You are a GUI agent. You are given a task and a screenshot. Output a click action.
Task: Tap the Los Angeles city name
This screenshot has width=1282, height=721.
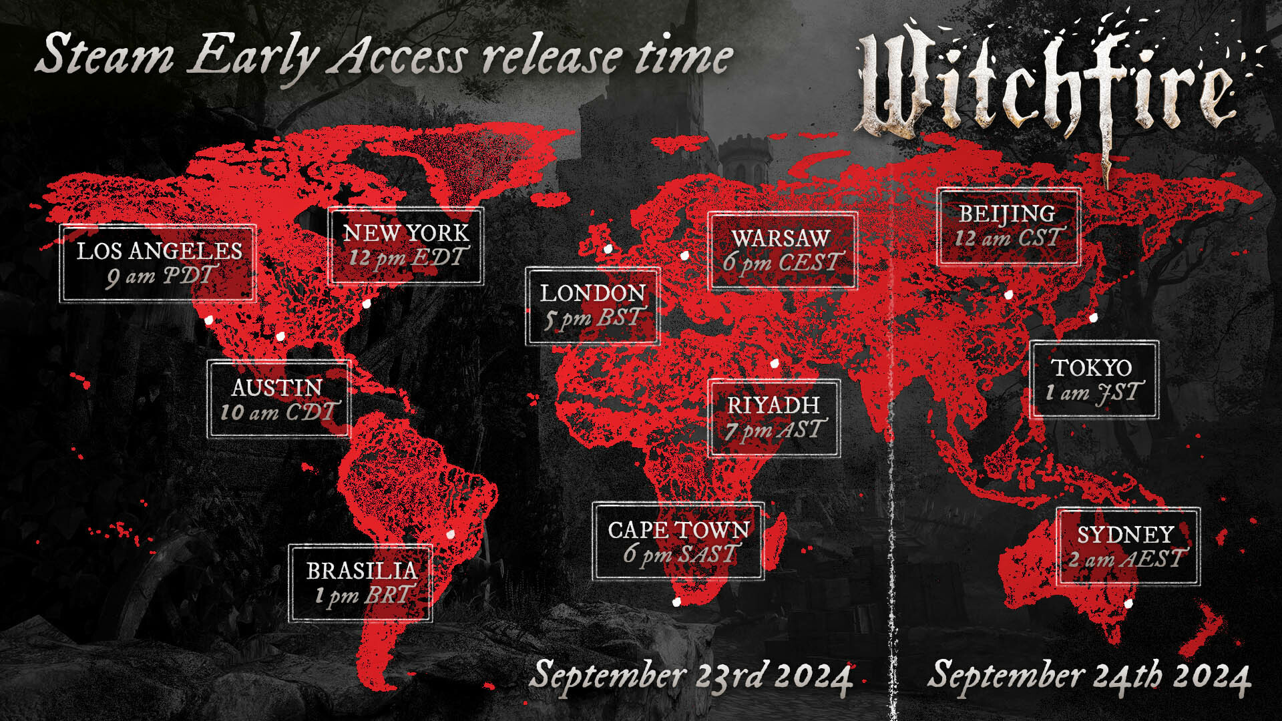[x=159, y=251]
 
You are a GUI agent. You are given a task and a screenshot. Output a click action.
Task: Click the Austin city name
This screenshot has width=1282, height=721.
[x=277, y=387]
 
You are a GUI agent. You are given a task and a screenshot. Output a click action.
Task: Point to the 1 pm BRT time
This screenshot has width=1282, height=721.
[x=365, y=595]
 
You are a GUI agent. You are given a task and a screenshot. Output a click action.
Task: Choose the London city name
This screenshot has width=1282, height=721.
[x=592, y=293]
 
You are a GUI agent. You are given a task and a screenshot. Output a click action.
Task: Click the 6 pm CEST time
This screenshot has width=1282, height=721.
[x=783, y=262]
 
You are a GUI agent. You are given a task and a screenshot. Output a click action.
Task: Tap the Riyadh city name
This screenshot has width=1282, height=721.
[x=773, y=405]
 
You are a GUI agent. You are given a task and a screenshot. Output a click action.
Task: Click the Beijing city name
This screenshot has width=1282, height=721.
[x=1007, y=214]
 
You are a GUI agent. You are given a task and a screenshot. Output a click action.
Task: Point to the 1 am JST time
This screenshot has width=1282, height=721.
[x=1094, y=393]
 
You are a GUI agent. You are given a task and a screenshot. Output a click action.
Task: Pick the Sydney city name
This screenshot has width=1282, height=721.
[x=1126, y=534]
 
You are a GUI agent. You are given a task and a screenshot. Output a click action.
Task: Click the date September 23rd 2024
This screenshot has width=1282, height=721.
[x=690, y=676]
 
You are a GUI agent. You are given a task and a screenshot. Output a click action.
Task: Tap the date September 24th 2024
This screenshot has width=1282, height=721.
[x=1088, y=676]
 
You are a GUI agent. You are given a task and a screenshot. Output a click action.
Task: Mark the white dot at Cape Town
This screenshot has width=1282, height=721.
[x=676, y=602]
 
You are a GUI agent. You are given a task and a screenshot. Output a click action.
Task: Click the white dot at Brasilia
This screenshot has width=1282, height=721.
[x=450, y=534]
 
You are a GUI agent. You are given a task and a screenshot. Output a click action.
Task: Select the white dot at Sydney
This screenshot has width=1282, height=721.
[x=1128, y=604]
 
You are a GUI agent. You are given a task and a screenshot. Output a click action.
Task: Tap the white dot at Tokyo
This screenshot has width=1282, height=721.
[x=1094, y=318]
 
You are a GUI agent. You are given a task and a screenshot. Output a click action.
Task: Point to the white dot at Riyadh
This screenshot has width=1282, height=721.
[x=775, y=363]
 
